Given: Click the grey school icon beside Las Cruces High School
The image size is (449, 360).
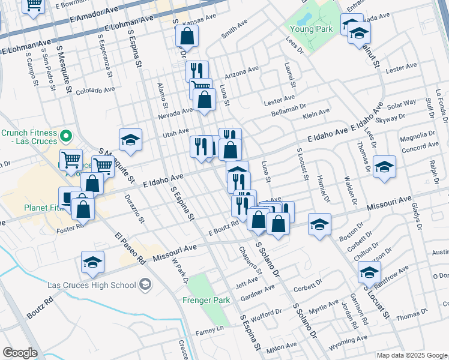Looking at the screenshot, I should pyautogui.click(x=145, y=284).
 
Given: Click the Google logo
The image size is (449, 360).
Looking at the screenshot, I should pyautogui.click(x=20, y=353).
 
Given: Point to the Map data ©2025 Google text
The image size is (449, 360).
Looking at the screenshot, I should pyautogui.click(x=411, y=355).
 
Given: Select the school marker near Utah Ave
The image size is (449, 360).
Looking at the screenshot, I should pyautogui.click(x=130, y=141).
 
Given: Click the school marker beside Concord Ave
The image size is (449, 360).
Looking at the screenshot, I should pyautogui.click(x=384, y=167).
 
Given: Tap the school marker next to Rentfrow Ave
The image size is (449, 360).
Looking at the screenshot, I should pyautogui.click(x=369, y=272).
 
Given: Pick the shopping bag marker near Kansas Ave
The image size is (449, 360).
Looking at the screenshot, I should pyautogui.click(x=187, y=37).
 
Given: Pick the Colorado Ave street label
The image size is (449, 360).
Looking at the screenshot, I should pyautogui.click(x=95, y=91).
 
